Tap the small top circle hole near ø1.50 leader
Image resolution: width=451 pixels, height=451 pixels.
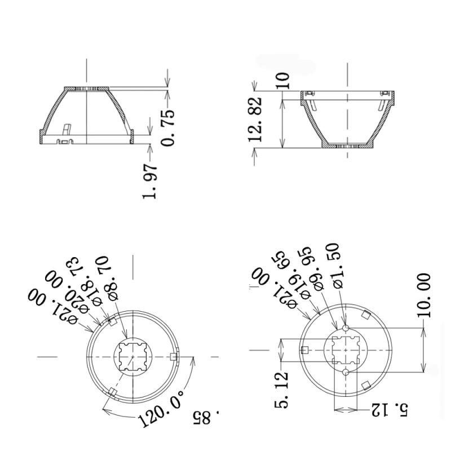click(x=346, y=329)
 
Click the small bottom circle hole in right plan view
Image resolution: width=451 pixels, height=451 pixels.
click(x=346, y=372)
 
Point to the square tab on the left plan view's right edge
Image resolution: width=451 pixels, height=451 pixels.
click(x=174, y=356)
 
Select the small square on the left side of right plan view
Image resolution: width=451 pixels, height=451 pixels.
click(x=305, y=350)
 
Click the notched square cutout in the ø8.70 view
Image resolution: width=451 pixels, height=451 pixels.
click(x=132, y=356)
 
